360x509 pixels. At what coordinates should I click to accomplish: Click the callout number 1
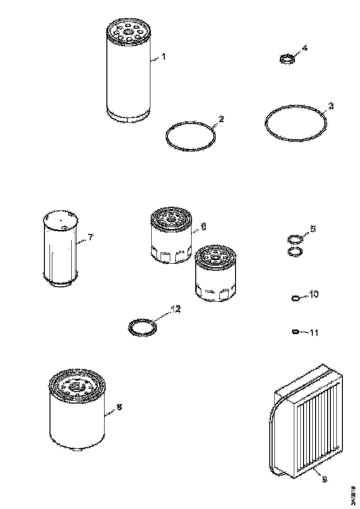tap(163, 57)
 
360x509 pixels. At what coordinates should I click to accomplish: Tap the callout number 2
tap(221, 119)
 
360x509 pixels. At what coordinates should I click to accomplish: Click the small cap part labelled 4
tap(287, 60)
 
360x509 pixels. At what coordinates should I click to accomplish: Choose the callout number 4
tap(304, 48)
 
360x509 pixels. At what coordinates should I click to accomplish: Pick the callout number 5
tap(313, 229)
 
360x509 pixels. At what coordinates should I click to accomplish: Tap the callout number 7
tap(91, 237)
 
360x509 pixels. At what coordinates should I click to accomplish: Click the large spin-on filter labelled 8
tap(77, 407)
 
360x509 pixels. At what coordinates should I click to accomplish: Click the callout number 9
tap(324, 479)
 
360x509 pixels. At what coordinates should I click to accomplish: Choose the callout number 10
tap(314, 294)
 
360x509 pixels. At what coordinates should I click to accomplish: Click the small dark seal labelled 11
tap(295, 331)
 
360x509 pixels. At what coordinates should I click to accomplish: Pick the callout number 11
tap(314, 332)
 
